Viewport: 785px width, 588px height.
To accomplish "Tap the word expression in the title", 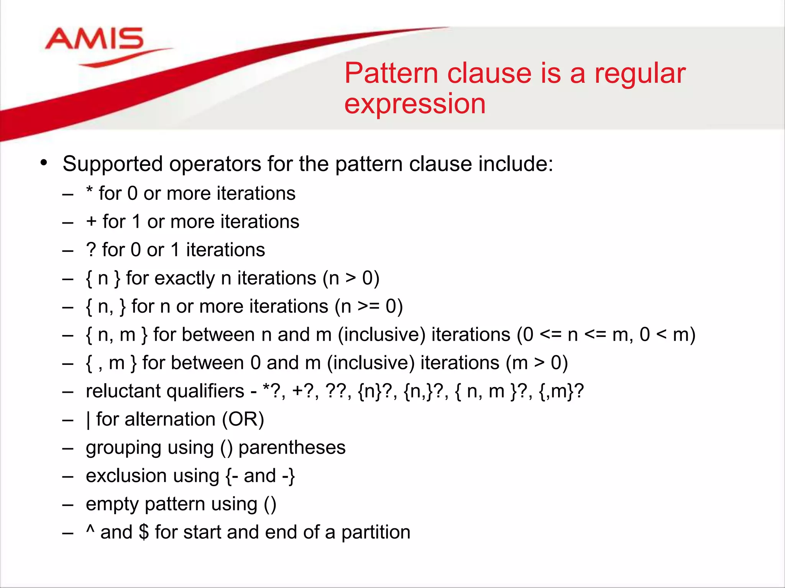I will coord(415,104).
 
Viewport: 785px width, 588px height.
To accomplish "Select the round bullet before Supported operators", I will coord(44,162).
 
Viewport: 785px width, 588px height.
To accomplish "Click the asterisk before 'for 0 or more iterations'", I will coord(90,191).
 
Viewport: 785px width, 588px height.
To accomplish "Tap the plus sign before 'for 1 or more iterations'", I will coord(91,222).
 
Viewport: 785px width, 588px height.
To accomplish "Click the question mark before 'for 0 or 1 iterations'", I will coord(91,250).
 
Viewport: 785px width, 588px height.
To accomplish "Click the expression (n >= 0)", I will coord(369,307).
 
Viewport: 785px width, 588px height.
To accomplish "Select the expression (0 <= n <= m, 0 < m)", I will coord(606,335).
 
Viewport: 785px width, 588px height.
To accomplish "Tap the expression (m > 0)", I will coord(537,363).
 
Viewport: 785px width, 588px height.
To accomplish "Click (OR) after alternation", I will coord(243,420).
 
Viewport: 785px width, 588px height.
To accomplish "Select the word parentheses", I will coord(292,448).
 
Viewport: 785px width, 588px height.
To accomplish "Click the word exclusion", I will coord(126,476).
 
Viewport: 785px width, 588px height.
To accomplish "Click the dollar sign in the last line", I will coord(144,532).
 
